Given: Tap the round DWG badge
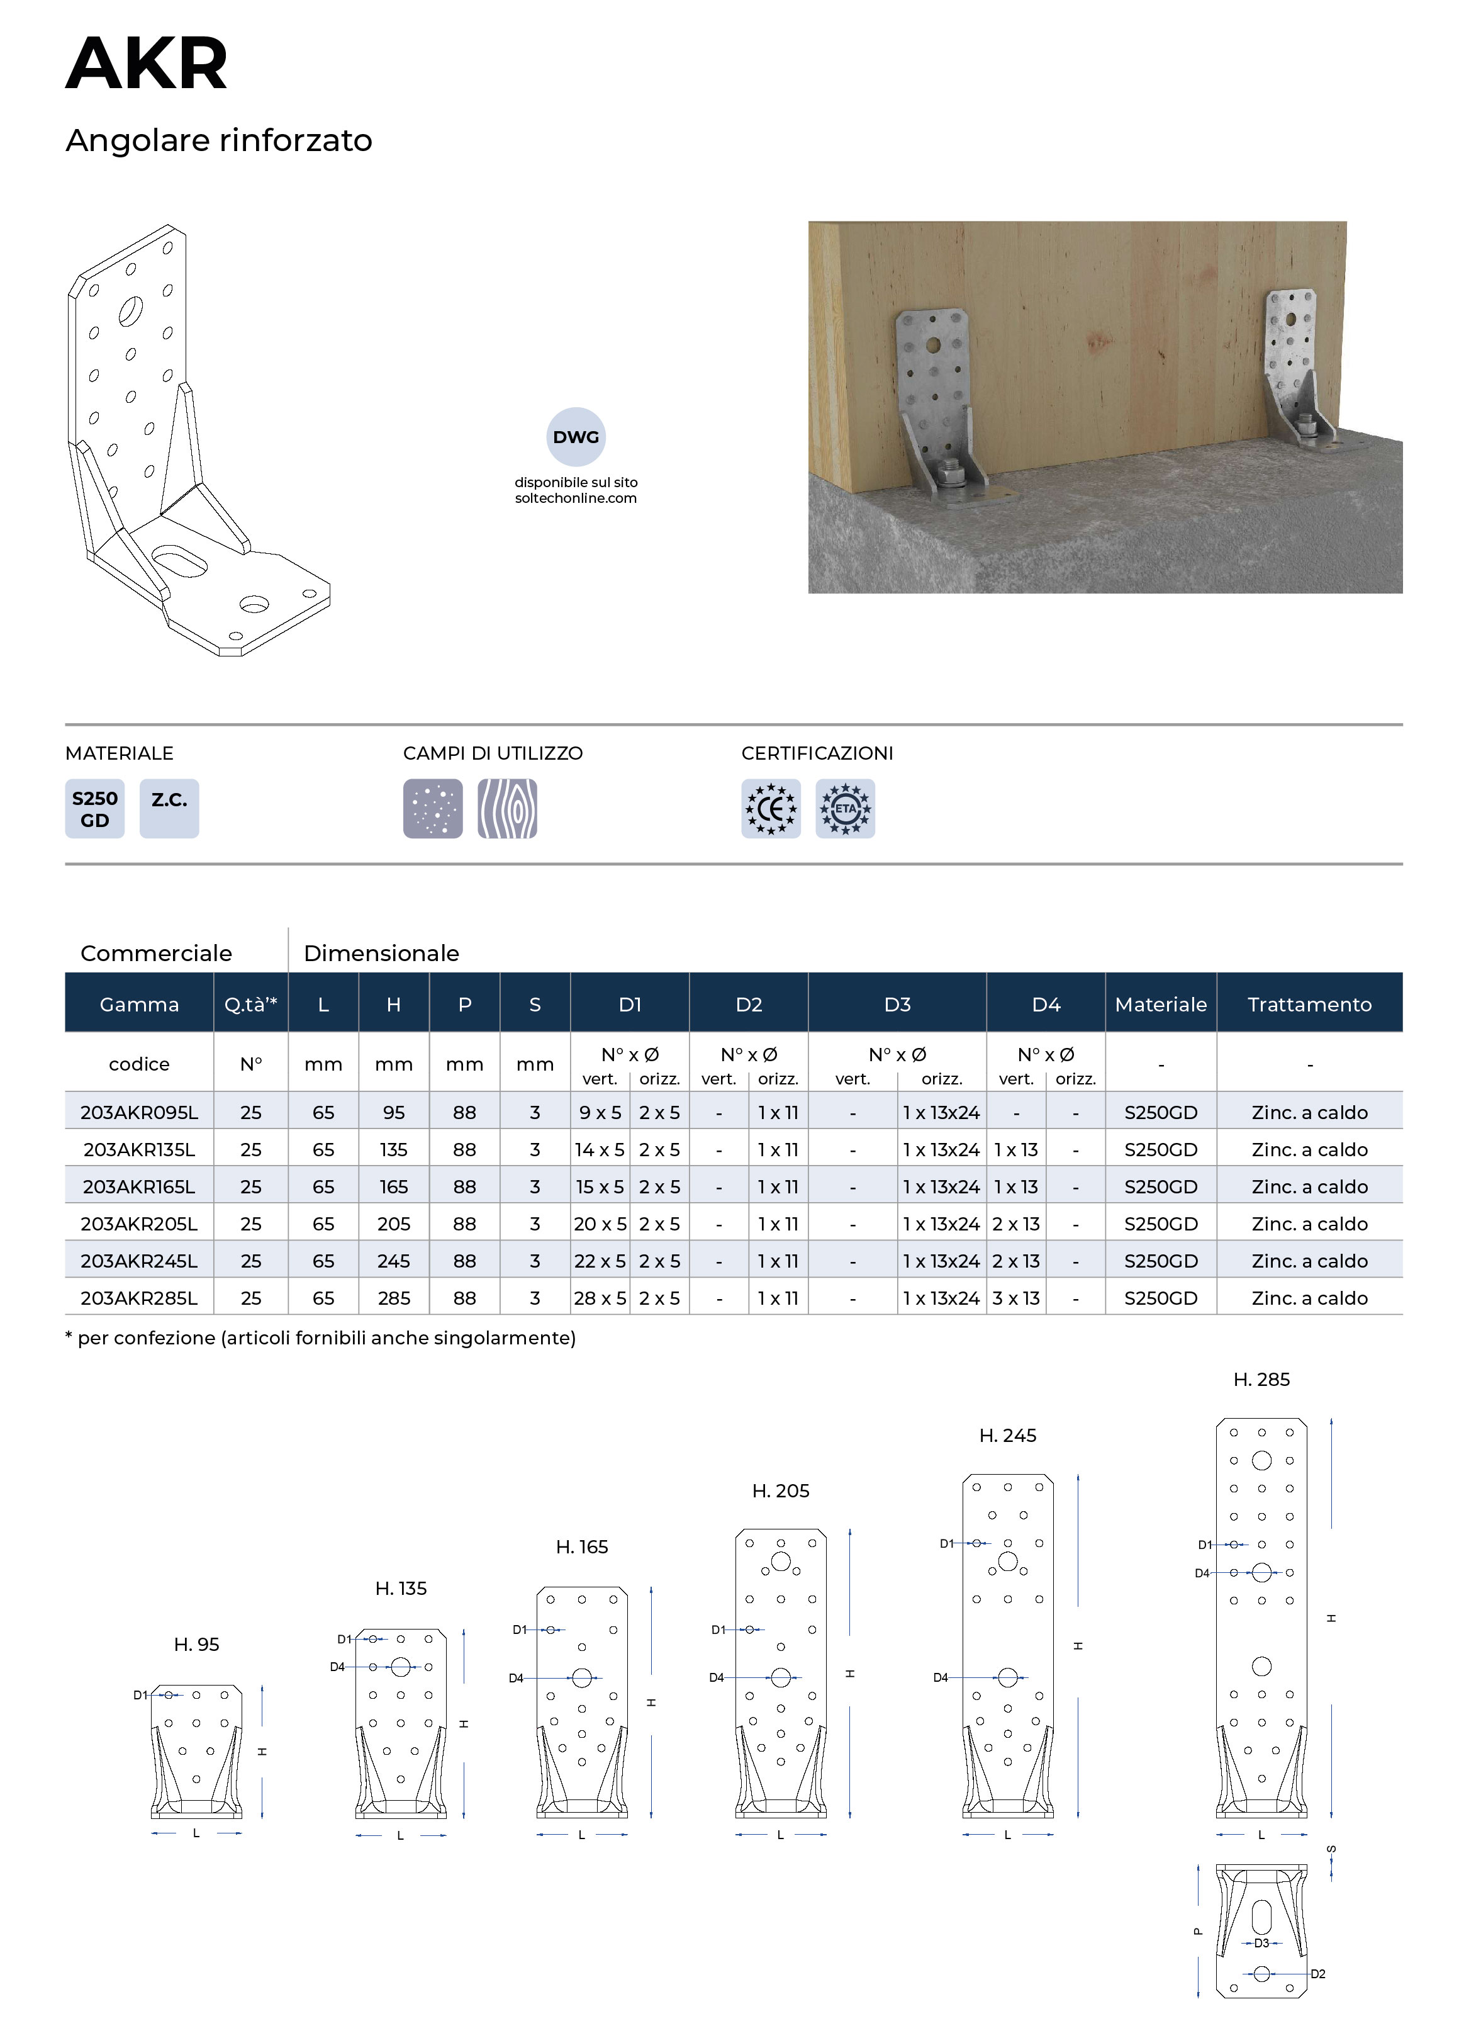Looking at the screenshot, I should point(576,437).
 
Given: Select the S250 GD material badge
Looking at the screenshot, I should point(94,809).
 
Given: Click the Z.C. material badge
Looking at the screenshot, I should point(169,809).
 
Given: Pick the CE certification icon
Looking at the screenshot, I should point(771,809).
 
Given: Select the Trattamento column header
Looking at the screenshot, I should point(1309,1004).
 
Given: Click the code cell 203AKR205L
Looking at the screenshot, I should point(139,1224).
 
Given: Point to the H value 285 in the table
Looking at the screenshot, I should point(393,1298).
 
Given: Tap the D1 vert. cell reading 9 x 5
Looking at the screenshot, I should point(600,1112).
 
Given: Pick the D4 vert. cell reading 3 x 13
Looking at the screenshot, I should point(1016,1298).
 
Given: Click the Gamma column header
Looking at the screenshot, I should point(139,1004).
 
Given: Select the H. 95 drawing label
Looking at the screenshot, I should point(196,1645).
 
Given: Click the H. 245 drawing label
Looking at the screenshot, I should point(1007,1436).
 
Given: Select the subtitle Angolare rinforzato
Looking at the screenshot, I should point(218,140).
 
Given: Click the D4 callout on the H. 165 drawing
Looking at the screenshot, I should point(516,1677).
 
